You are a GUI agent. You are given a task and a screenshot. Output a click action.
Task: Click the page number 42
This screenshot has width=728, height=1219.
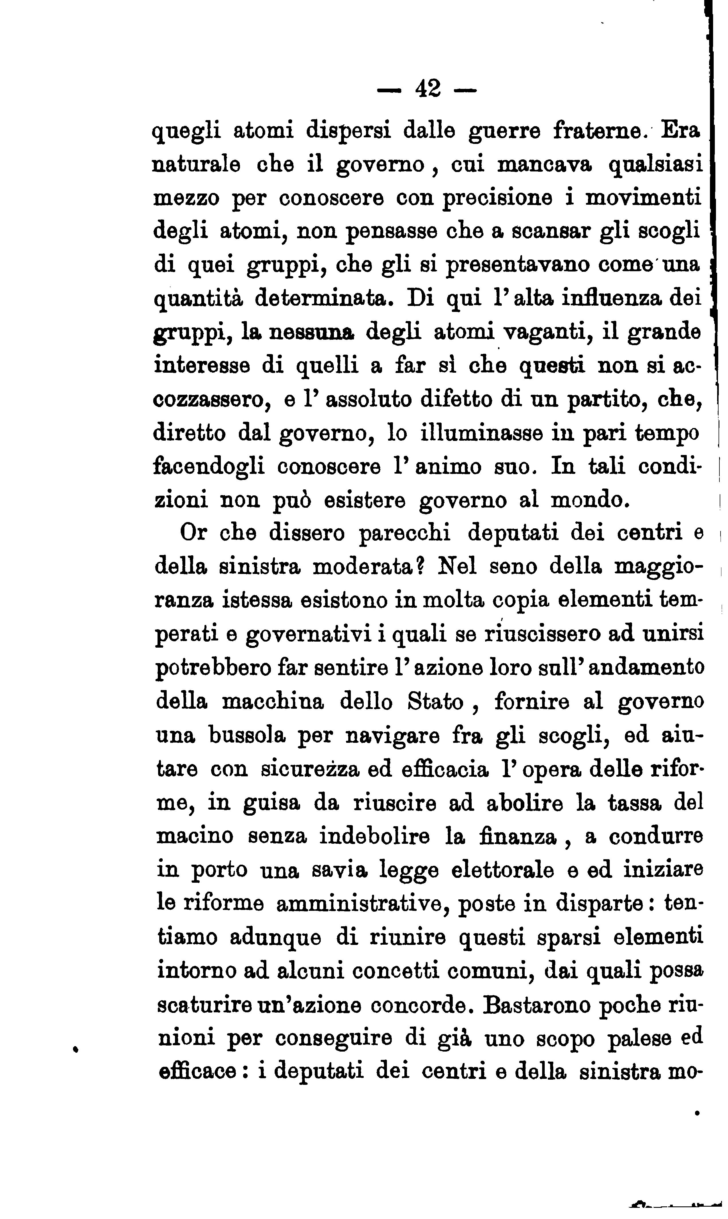(x=428, y=89)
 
